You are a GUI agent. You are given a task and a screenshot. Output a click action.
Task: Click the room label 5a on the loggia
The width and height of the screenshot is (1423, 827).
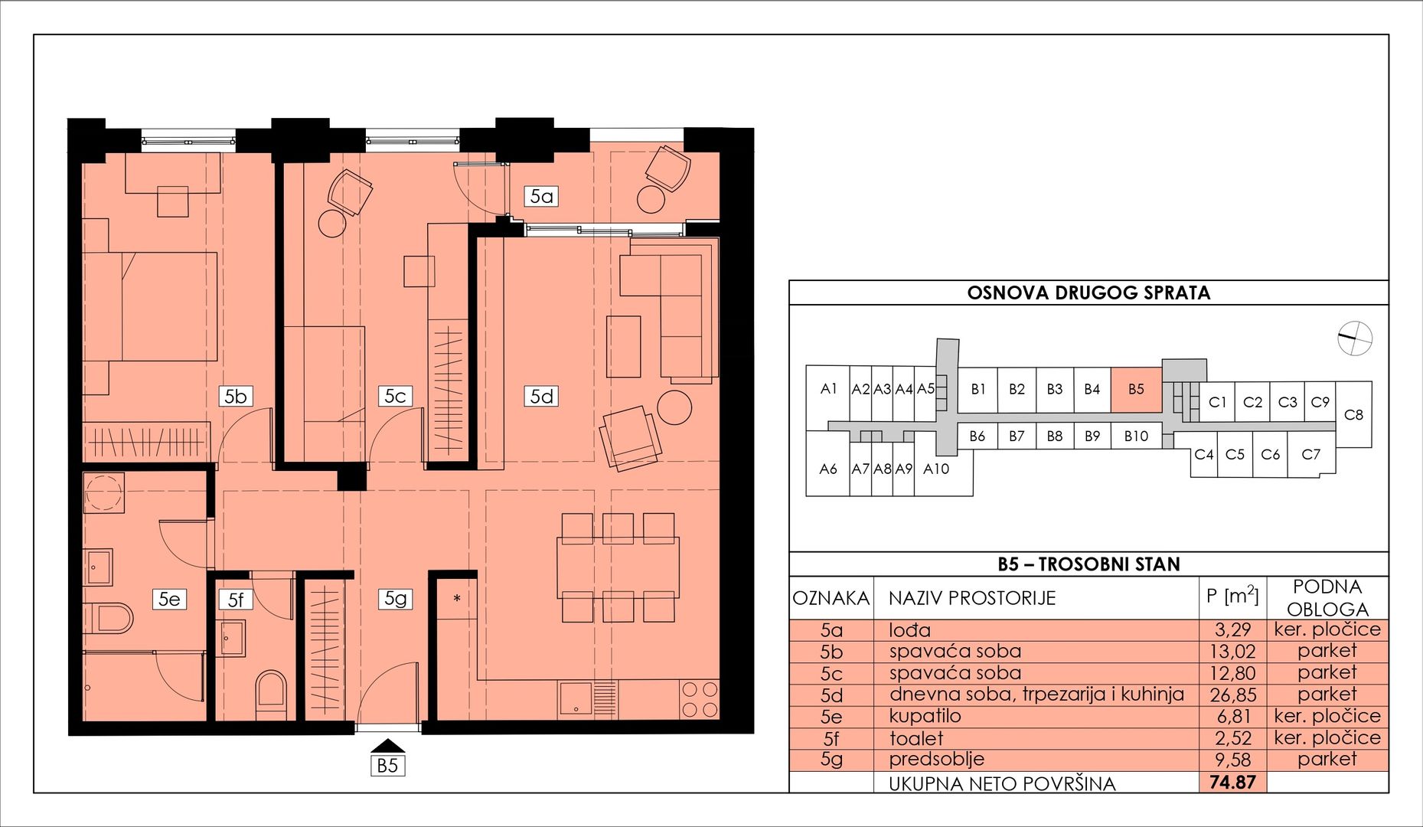click(541, 196)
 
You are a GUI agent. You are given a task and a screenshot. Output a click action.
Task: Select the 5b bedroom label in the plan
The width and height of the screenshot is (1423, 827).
click(236, 396)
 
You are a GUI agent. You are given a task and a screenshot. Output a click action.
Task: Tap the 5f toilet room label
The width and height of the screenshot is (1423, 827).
click(235, 600)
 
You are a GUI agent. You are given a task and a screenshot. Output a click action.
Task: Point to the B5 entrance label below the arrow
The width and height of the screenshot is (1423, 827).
click(387, 765)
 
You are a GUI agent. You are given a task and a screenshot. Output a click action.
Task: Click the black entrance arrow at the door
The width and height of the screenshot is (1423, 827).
click(387, 746)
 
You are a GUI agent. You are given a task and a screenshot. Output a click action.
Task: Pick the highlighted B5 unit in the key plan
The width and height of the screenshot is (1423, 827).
click(1136, 390)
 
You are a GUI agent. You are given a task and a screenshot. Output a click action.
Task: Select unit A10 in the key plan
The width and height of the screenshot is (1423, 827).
click(936, 469)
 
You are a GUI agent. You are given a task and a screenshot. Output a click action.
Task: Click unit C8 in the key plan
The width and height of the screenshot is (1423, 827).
click(1353, 414)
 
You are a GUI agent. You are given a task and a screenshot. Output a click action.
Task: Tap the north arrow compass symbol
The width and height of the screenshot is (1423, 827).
click(1354, 338)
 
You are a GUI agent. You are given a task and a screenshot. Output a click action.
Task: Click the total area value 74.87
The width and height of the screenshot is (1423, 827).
click(1232, 783)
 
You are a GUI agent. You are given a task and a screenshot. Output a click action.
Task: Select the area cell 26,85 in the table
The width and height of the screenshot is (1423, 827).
click(1232, 695)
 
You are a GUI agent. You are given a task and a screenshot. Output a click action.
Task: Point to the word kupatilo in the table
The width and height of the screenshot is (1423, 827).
click(925, 716)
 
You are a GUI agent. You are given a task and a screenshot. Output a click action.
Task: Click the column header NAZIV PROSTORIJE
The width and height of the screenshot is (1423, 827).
click(972, 598)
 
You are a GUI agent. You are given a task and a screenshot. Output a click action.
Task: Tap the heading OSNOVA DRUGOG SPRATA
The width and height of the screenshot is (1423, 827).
click(1088, 293)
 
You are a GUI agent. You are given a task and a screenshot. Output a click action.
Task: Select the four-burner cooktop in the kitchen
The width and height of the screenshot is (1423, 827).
click(700, 699)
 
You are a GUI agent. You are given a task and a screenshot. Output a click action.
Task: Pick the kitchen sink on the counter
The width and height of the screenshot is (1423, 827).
click(576, 698)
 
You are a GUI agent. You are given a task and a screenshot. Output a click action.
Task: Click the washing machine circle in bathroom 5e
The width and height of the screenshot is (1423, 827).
click(105, 492)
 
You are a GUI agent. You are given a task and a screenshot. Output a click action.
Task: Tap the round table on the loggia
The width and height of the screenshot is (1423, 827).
click(651, 199)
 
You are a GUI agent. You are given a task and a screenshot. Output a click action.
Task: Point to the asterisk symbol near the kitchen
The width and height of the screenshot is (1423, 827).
click(457, 599)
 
